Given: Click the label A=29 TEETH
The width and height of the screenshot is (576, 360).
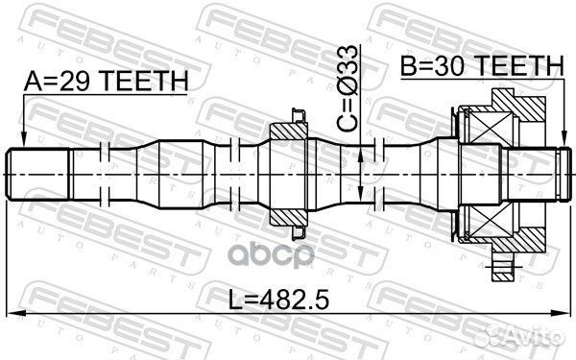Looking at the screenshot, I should click(106, 84).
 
